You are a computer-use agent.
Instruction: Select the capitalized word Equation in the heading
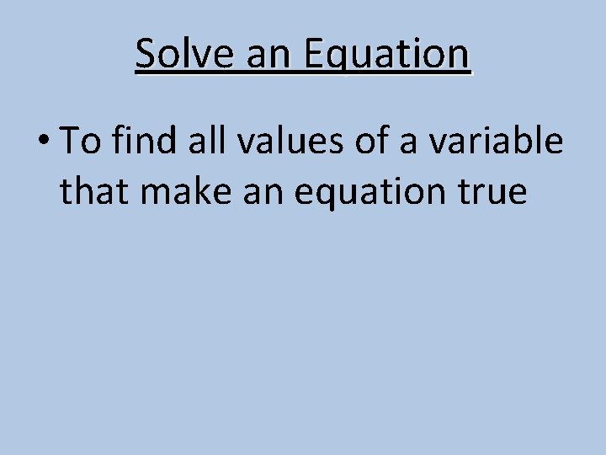[386, 55]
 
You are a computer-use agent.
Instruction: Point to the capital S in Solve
[146, 55]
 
